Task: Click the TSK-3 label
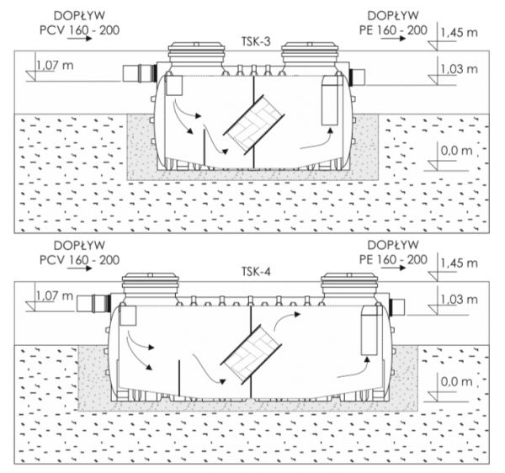[x=256, y=41]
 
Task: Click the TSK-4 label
[x=256, y=272]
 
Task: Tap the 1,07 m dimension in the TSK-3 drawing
[x=55, y=66]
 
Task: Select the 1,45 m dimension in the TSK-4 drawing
[x=459, y=263]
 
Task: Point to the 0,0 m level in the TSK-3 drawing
[x=456, y=151]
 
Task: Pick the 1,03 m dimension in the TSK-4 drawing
[x=459, y=300]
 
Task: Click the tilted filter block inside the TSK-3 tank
[x=254, y=124]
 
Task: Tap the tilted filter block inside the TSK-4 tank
[x=251, y=353]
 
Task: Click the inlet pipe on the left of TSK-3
[x=139, y=73]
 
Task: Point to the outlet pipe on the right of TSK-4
[x=396, y=306]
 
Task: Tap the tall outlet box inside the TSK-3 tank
[x=330, y=100]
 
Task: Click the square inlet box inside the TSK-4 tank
[x=128, y=316]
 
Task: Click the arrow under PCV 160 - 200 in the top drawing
[x=80, y=39]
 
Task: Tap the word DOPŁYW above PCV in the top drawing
[x=79, y=15]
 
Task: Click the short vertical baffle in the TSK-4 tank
[x=179, y=378]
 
